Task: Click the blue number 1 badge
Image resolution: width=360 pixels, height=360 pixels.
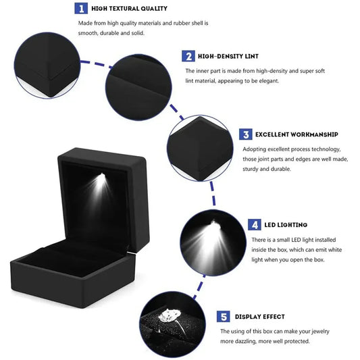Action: point(80,8)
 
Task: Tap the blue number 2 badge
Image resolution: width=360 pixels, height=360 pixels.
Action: point(188,56)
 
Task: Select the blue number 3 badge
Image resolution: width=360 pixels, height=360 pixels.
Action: point(246,134)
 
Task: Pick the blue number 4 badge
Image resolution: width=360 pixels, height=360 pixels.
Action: point(255,225)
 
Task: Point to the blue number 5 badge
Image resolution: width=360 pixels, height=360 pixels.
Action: point(224,316)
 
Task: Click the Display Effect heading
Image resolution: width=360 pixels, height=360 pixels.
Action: point(259,316)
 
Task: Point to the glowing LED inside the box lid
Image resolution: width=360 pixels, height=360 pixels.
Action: point(101,178)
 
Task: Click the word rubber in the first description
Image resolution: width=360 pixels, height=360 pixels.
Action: point(174,22)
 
